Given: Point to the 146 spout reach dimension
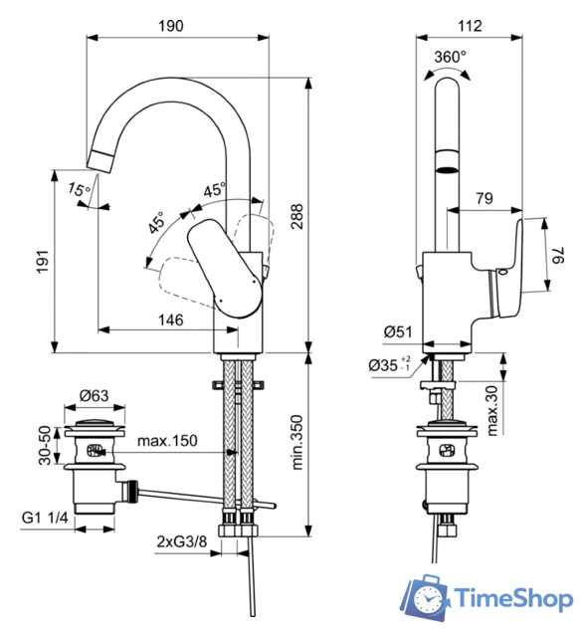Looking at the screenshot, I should coord(170,319).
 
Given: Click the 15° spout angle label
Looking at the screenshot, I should coord(79,189).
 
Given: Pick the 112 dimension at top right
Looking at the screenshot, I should coord(471,27).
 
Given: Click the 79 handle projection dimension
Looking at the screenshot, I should coord(484,198).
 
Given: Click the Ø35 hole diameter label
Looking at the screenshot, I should coord(390,365).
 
